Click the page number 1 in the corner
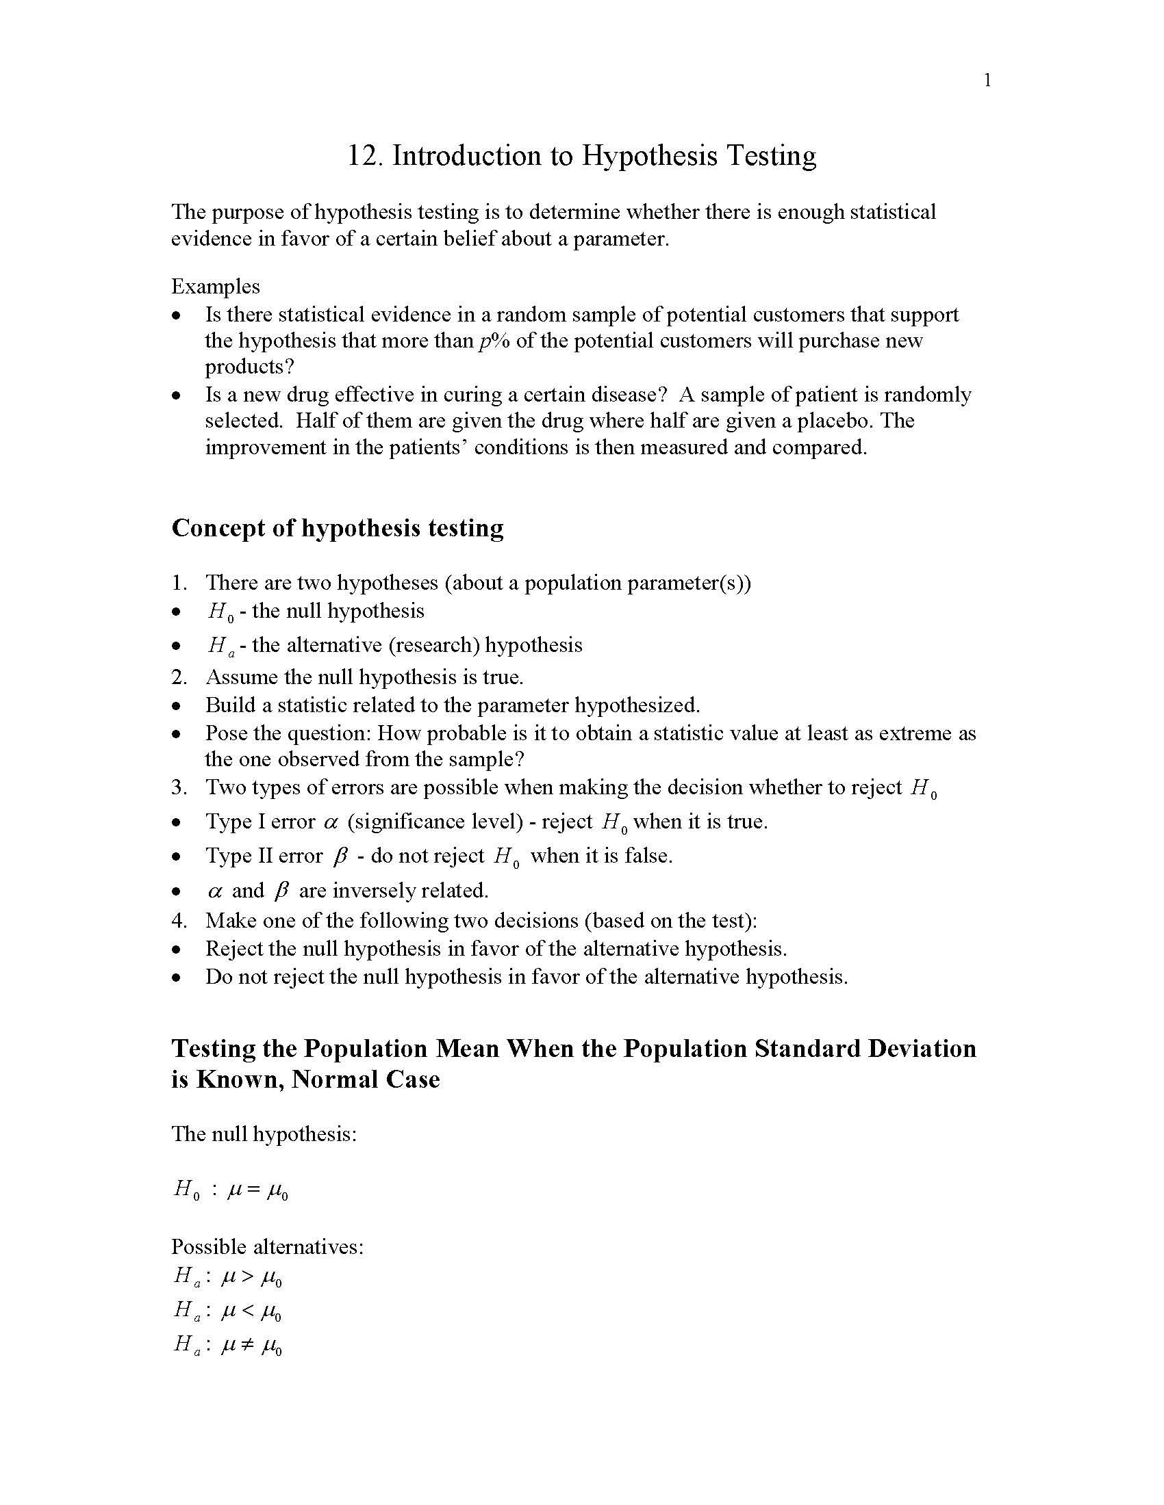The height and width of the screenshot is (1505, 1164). pos(987,81)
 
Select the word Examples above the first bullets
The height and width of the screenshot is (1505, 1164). pos(215,286)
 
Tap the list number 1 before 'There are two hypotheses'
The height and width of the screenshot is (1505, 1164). pos(178,583)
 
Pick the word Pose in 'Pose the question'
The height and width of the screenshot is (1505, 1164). pos(223,733)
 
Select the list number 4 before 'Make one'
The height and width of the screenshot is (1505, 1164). pos(178,921)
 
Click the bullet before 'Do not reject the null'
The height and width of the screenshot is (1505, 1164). pos(177,977)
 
